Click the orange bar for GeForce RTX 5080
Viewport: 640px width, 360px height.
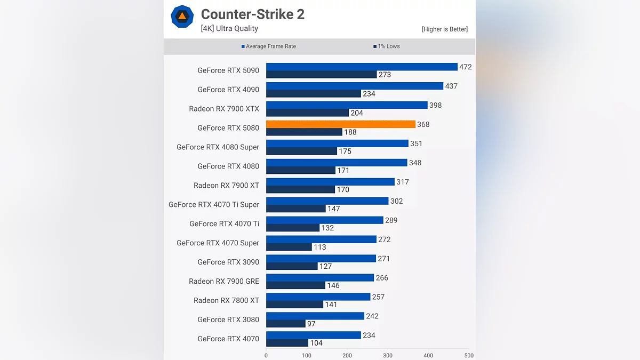point(340,124)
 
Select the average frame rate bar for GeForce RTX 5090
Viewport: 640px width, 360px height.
point(362,67)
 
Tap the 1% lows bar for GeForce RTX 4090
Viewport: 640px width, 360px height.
point(314,94)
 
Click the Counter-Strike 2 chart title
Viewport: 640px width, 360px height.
point(252,14)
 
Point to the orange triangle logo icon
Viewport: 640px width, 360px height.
point(182,16)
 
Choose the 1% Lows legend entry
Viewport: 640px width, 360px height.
point(387,46)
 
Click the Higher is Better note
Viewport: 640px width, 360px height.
point(444,29)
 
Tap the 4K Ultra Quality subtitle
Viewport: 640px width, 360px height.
point(229,29)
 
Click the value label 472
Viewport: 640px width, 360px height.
point(466,67)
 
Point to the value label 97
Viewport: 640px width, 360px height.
point(311,324)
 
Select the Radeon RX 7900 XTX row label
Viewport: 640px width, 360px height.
point(224,109)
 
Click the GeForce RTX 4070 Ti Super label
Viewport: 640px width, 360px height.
point(214,205)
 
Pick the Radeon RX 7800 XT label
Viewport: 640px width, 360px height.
point(226,301)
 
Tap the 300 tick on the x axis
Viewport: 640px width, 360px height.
point(388,355)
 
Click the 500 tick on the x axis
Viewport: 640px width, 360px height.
point(469,355)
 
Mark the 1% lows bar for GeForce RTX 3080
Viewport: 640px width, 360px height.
point(286,324)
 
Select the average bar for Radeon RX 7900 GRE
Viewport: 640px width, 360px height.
point(320,278)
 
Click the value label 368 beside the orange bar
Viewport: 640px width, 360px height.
point(423,125)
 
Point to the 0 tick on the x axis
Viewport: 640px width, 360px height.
point(266,355)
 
